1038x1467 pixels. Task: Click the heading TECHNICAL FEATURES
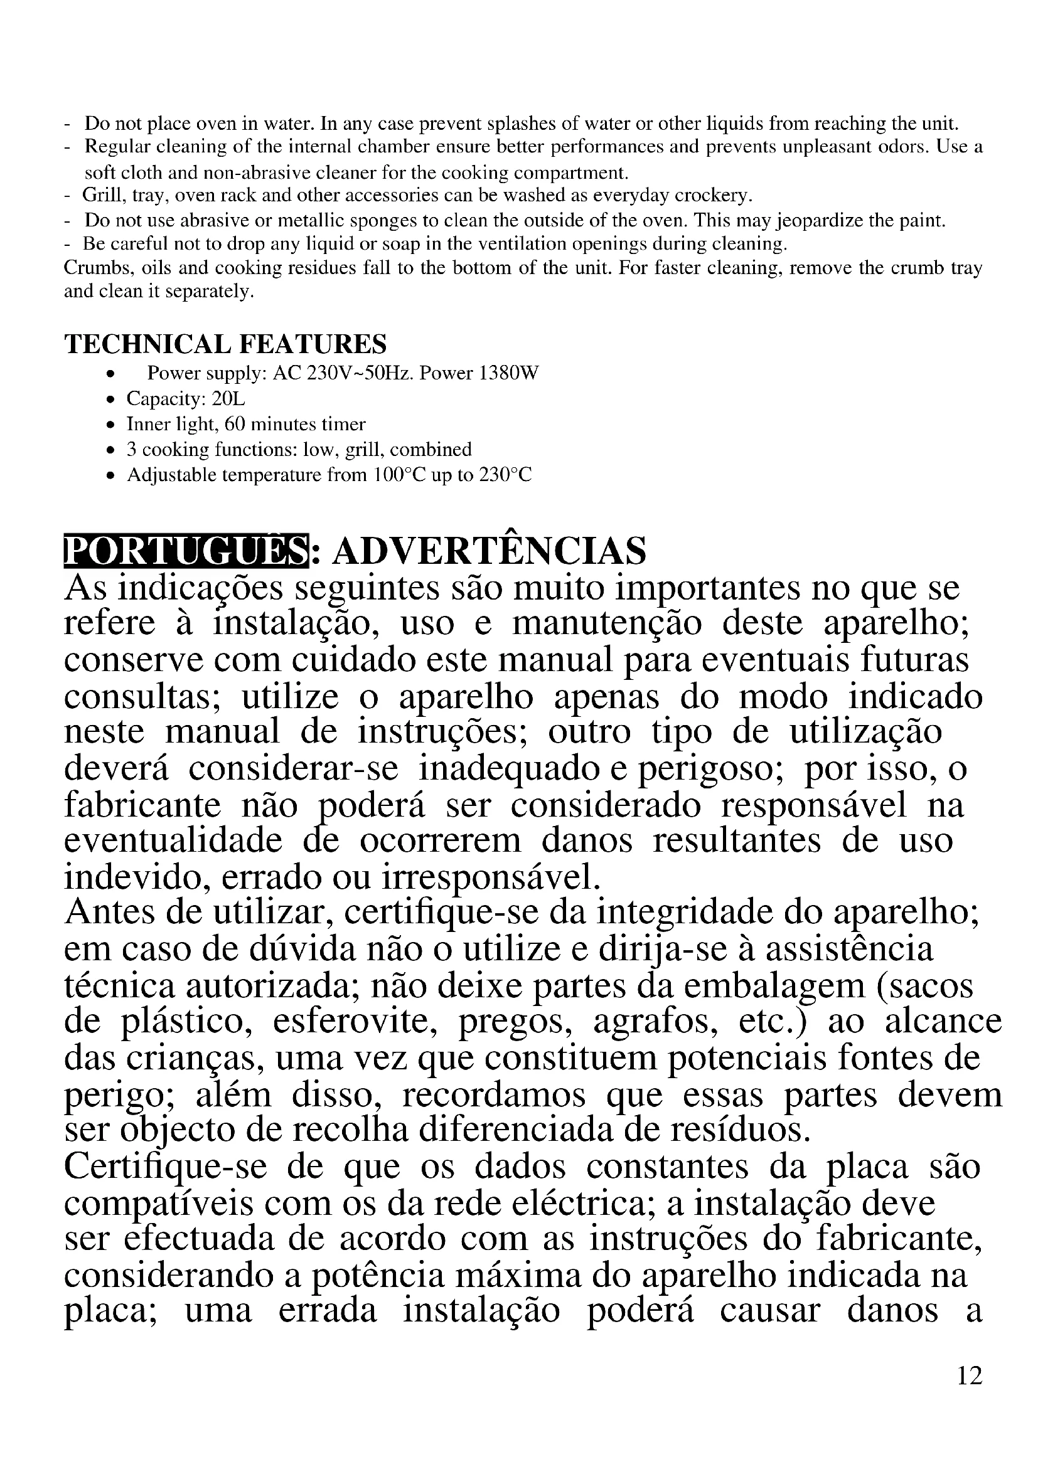click(226, 344)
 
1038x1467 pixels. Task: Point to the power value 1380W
click(510, 373)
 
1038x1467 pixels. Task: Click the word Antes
click(110, 913)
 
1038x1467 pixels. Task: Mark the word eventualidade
click(173, 840)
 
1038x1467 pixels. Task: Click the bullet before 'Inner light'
click(112, 425)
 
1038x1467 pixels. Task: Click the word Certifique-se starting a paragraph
click(165, 1167)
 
